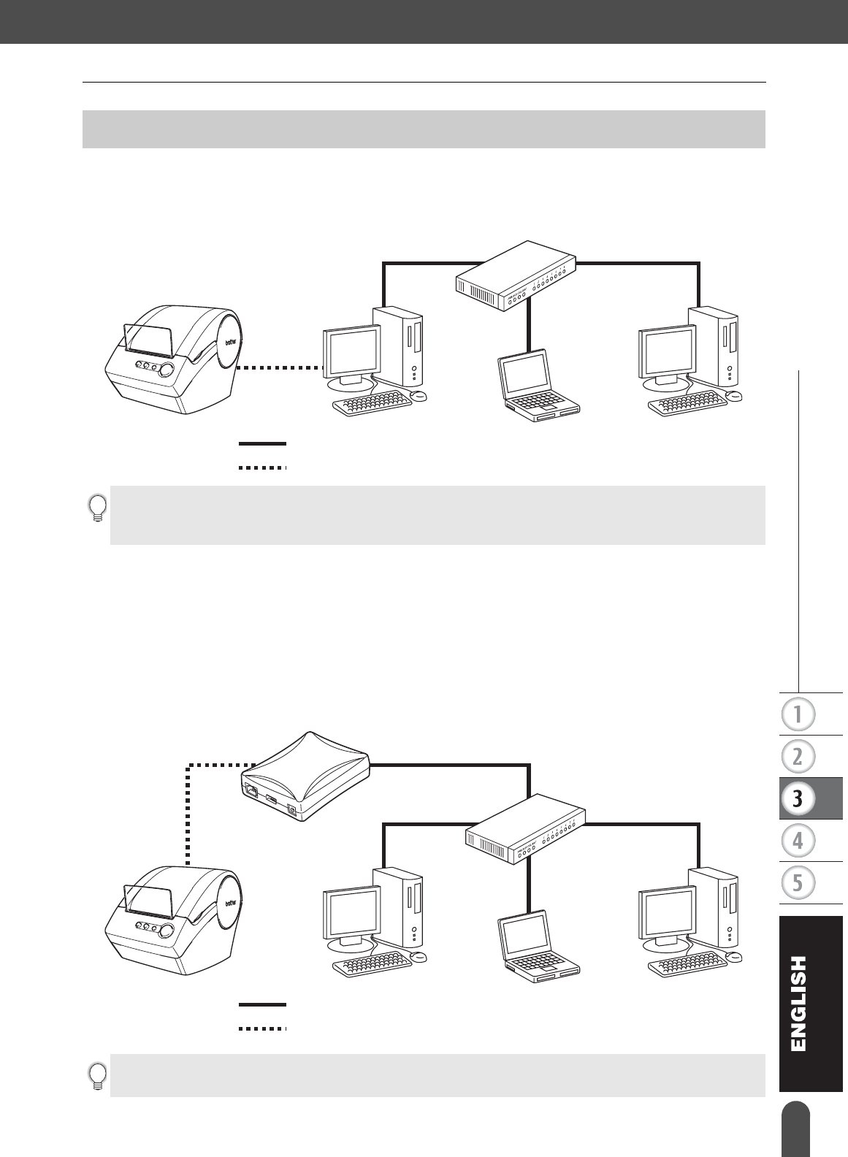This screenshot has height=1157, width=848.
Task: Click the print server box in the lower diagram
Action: click(305, 778)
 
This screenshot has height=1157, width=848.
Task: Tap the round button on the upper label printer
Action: click(167, 369)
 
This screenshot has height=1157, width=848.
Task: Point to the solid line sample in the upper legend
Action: click(262, 443)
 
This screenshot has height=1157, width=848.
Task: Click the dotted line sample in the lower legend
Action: click(262, 1028)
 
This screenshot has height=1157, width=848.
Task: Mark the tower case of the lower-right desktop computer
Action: click(717, 906)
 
